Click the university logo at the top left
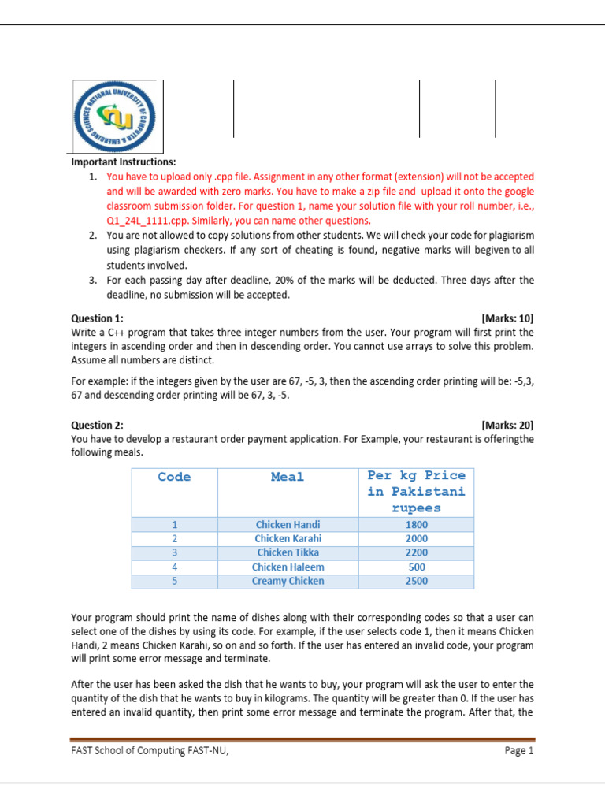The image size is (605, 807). (117, 116)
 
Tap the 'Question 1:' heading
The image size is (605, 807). (97, 318)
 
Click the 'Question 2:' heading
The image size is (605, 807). (97, 425)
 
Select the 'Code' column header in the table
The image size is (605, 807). (174, 477)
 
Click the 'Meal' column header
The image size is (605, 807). (288, 477)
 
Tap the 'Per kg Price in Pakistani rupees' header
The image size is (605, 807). (416, 492)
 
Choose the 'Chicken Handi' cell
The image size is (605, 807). (288, 524)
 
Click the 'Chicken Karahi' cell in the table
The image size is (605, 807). (288, 538)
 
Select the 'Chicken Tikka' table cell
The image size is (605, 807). (288, 552)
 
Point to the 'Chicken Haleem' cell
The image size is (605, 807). (288, 567)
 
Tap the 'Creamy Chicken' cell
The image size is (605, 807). (288, 581)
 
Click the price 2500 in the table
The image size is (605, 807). (416, 581)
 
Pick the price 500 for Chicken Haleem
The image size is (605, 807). (416, 567)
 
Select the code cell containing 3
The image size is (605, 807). (174, 552)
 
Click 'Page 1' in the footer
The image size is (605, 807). (518, 751)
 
